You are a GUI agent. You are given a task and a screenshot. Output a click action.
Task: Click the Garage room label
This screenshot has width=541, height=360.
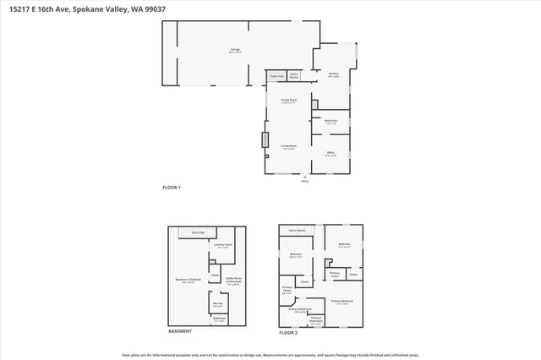point(234,50)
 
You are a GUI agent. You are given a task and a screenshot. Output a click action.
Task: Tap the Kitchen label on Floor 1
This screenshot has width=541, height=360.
point(333,74)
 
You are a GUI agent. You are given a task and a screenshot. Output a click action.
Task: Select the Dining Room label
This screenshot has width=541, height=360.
point(288,101)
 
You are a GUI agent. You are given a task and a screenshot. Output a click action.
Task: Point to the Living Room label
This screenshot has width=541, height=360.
point(288,146)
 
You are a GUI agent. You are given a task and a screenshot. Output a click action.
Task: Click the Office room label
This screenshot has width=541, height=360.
point(331,153)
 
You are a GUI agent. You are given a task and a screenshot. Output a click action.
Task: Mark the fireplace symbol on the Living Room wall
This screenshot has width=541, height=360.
point(264,139)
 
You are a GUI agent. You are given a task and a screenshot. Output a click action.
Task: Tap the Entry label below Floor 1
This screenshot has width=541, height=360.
point(305,181)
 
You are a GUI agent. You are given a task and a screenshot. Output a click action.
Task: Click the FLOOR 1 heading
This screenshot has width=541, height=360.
point(172,187)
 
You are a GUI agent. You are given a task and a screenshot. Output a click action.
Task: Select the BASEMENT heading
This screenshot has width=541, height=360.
point(180,331)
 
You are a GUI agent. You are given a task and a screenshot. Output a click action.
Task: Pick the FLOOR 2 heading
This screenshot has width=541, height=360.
point(288,332)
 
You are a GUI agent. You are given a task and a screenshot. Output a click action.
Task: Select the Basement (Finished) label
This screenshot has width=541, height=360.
point(188,281)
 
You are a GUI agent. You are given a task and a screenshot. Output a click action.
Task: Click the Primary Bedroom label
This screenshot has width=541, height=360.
point(342,301)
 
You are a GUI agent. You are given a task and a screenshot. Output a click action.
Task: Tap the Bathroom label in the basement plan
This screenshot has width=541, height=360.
point(219,319)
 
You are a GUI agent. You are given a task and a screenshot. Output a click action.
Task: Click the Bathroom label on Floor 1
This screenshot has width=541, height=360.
point(331,121)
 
